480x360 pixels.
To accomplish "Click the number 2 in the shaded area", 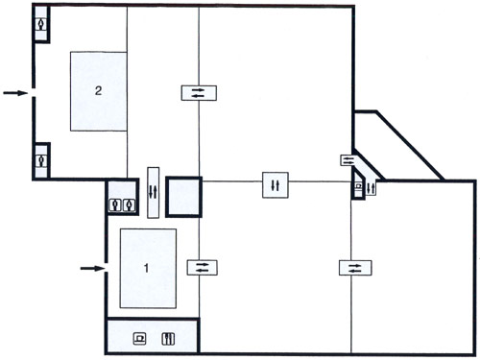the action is [x=98, y=91].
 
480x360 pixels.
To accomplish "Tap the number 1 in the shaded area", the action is [x=146, y=268].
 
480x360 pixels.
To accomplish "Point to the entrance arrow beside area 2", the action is [x=15, y=93].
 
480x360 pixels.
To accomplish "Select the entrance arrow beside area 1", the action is [x=92, y=268].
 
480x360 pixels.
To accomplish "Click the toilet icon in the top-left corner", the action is [x=41, y=24].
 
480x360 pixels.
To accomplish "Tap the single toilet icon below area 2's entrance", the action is [x=41, y=160].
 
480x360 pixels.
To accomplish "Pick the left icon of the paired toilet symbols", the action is [x=115, y=204].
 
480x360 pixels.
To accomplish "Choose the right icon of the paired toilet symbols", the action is [x=129, y=204].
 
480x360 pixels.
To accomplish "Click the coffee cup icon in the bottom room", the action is [x=140, y=338].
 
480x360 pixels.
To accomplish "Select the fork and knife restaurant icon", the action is [x=168, y=339].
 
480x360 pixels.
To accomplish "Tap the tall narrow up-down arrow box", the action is [x=154, y=193].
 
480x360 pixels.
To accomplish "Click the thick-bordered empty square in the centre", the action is [x=183, y=197].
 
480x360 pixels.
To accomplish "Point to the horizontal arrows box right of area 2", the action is [x=199, y=93].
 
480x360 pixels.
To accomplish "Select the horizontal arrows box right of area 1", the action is [x=203, y=268].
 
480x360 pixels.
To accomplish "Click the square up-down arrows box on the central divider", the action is [x=276, y=185].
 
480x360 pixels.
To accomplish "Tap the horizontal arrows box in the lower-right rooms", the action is [x=355, y=268].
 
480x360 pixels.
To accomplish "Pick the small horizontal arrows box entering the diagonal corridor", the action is [x=348, y=160].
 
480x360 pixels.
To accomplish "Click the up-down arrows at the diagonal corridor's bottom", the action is [x=371, y=188].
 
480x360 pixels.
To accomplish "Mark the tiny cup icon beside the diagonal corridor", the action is [x=359, y=185].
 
